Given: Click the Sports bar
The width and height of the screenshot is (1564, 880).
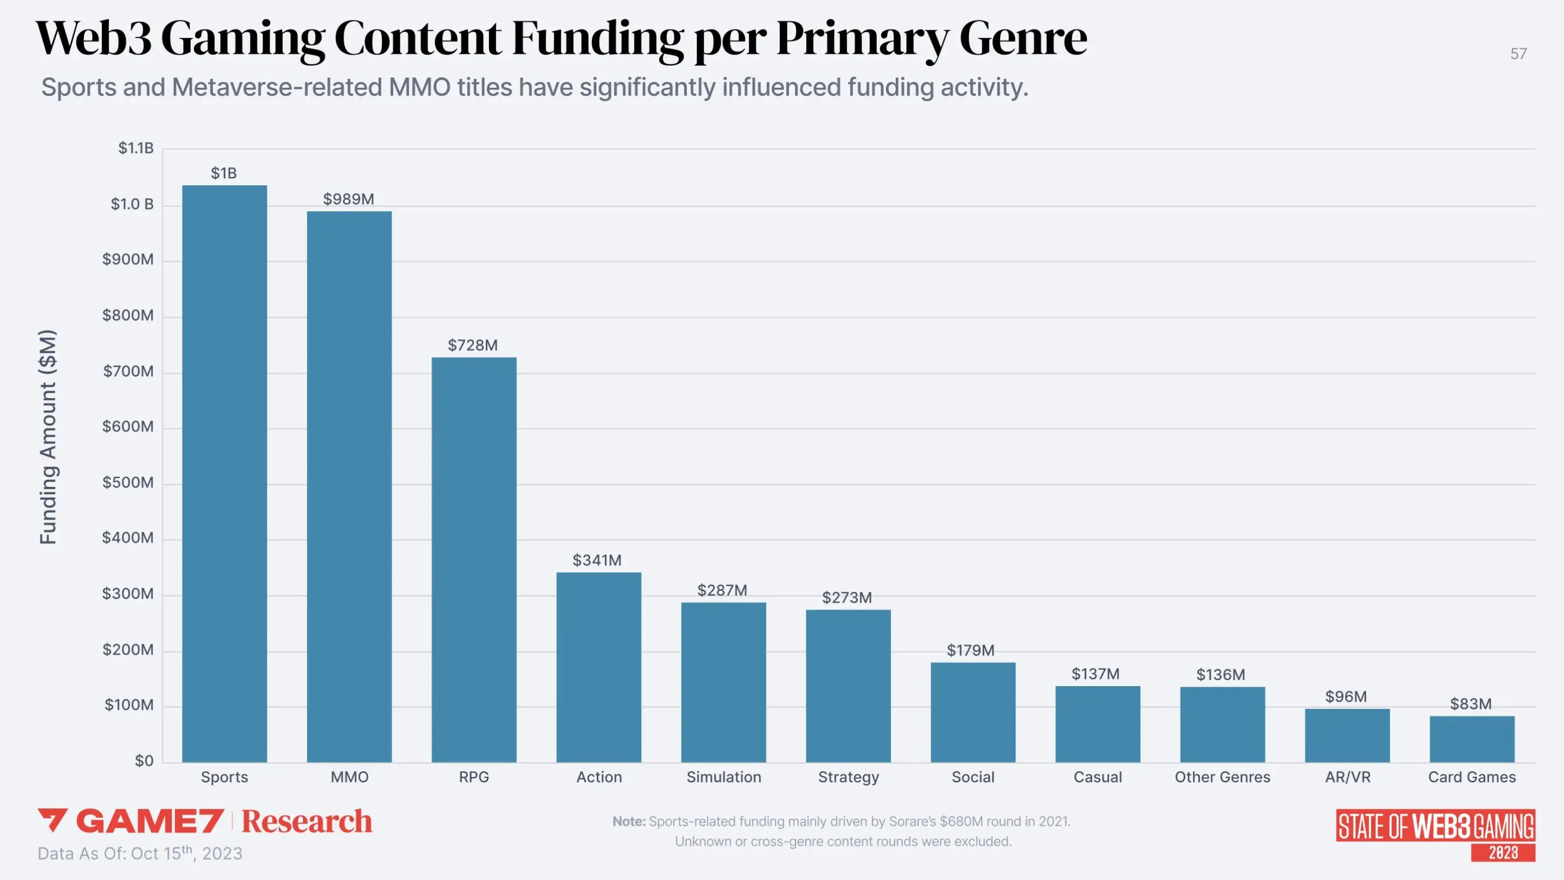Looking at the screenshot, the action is click(225, 474).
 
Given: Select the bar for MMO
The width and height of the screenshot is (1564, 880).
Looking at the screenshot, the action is click(349, 486).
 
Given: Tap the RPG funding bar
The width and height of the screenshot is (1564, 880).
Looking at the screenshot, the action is click(474, 560).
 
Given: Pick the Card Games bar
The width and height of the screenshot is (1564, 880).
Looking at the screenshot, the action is click(1472, 739).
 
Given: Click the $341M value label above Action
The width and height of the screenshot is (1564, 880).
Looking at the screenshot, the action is click(597, 560).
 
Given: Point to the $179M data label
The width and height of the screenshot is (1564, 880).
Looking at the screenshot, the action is click(971, 651).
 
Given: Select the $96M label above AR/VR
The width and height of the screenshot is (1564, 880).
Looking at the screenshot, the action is click(1346, 696).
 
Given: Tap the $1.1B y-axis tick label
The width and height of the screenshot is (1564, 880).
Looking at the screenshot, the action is click(136, 148).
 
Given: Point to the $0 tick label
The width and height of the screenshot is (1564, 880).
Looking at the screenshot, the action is click(144, 761).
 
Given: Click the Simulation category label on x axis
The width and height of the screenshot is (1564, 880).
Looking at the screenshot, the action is click(724, 777).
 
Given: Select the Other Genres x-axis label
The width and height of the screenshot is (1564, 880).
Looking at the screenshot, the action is click(1222, 777).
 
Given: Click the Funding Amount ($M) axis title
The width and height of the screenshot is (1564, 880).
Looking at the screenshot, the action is click(48, 437).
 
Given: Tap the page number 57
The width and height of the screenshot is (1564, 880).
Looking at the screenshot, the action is click(1518, 54).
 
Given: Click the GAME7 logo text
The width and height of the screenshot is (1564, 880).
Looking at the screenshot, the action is click(149, 821).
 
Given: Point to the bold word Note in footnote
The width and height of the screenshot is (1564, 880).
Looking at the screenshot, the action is click(629, 822).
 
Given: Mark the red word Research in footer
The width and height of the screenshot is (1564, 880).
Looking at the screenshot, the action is click(306, 821).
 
